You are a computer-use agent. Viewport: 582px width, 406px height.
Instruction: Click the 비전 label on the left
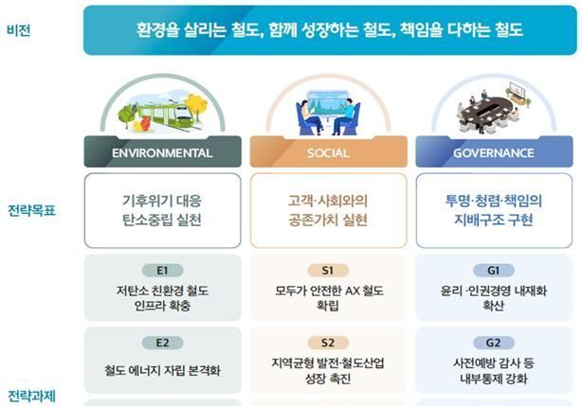[18, 29]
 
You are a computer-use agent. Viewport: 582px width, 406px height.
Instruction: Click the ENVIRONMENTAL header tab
[162, 152]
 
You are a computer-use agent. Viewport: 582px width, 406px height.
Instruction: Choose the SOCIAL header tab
[328, 152]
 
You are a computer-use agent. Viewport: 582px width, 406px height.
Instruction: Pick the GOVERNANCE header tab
[494, 152]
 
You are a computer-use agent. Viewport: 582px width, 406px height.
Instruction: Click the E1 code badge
[162, 270]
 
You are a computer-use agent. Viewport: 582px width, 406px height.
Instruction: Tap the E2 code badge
[162, 343]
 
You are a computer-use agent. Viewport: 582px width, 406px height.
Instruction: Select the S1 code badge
[328, 270]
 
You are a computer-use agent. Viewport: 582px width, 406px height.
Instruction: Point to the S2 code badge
[328, 343]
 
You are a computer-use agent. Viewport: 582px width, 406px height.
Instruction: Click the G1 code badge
[494, 270]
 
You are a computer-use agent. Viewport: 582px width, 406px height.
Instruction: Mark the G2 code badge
[494, 343]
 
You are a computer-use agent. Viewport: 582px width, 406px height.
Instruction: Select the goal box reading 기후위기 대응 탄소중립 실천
[162, 210]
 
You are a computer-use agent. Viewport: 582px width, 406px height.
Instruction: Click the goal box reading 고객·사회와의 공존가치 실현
[328, 210]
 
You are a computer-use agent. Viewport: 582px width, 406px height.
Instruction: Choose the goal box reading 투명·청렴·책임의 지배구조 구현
[494, 210]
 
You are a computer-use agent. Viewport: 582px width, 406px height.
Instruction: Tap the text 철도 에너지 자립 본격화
[162, 370]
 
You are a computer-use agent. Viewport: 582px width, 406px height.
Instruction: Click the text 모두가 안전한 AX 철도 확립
[328, 298]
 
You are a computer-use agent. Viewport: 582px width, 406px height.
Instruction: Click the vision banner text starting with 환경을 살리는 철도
[328, 29]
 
